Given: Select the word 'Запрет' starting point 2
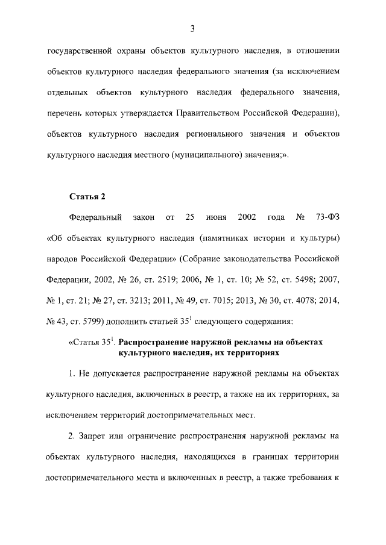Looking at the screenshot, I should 94,435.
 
